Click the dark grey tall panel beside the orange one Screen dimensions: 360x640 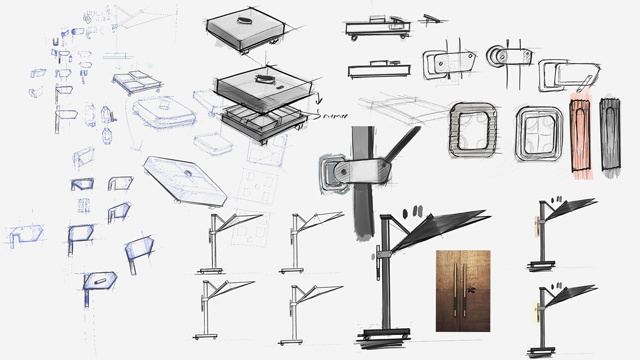[x=610, y=135]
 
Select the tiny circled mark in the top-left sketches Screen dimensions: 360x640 [x=88, y=19]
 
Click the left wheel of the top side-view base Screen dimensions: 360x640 [x=353, y=38]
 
